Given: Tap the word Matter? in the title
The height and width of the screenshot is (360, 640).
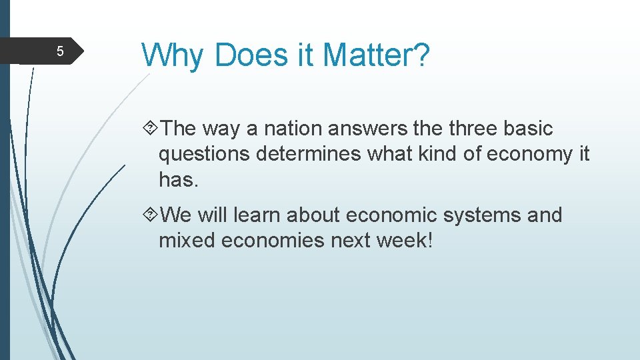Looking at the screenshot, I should point(376,55).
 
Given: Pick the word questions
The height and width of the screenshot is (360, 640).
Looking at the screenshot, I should point(206,155).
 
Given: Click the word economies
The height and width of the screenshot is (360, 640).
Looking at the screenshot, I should point(272,240).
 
